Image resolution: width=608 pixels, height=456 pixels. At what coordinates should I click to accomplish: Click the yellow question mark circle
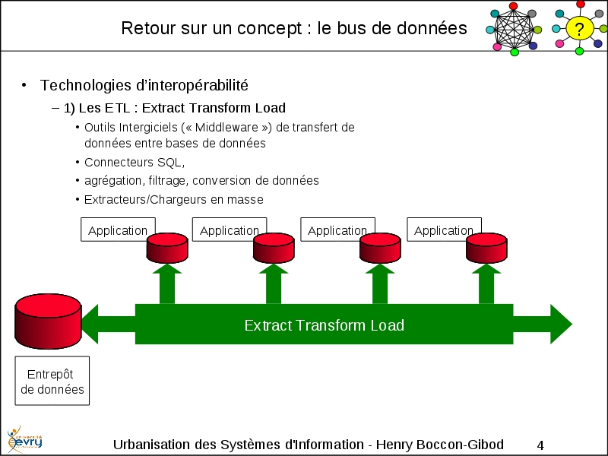[580, 30]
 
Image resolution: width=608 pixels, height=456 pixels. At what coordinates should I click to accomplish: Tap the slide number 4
[540, 445]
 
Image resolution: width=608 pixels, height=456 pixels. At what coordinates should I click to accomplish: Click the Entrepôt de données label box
[52, 382]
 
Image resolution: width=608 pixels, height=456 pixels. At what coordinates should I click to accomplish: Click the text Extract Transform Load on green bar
[324, 325]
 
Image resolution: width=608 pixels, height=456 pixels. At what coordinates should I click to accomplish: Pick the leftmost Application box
[118, 230]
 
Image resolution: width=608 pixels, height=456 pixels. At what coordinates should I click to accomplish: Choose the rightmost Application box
[443, 230]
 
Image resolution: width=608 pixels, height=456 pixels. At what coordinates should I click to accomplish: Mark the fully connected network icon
[514, 30]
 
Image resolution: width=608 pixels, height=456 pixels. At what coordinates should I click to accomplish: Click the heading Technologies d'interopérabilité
[144, 85]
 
